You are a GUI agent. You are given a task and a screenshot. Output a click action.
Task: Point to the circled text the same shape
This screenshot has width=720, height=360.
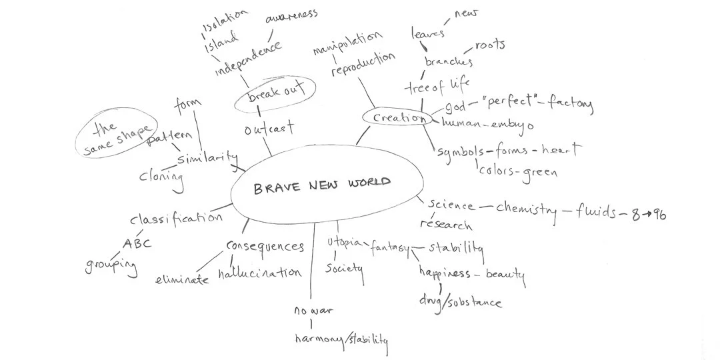(117, 138)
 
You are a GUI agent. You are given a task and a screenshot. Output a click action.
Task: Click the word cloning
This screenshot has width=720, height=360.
(161, 177)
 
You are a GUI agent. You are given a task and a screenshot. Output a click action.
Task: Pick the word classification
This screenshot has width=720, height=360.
(175, 218)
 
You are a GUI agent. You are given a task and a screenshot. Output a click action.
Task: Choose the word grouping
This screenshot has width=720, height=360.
(111, 265)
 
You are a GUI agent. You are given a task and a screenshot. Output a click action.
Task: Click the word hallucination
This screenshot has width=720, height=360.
(260, 273)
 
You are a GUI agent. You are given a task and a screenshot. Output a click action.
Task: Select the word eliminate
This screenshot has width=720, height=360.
(182, 280)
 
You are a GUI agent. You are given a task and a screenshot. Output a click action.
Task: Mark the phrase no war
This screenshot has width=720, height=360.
(313, 311)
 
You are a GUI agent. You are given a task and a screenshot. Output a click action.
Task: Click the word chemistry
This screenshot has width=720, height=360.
(526, 209)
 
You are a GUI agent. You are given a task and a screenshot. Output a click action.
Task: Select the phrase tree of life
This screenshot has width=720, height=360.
(437, 85)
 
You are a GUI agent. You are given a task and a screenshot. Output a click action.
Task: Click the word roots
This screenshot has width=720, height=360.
(489, 45)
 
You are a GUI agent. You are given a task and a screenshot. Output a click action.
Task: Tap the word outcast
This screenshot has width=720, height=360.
(269, 129)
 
